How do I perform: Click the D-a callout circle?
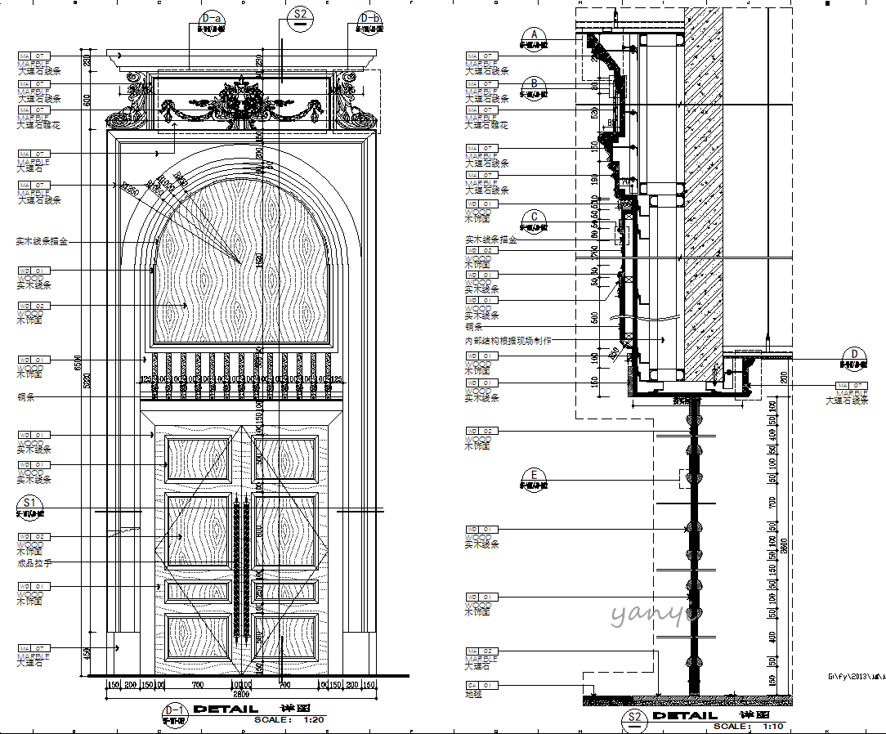212,18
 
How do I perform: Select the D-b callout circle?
370,18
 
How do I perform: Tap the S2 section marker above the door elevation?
301,15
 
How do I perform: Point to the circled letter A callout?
535,34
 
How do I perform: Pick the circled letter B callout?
535,83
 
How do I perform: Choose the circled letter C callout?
535,217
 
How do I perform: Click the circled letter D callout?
855,354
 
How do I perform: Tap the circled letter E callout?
535,474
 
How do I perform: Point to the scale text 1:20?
314,720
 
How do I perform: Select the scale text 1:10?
772,726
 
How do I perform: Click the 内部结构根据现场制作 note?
508,341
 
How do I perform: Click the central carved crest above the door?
243,102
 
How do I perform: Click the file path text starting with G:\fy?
856,677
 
